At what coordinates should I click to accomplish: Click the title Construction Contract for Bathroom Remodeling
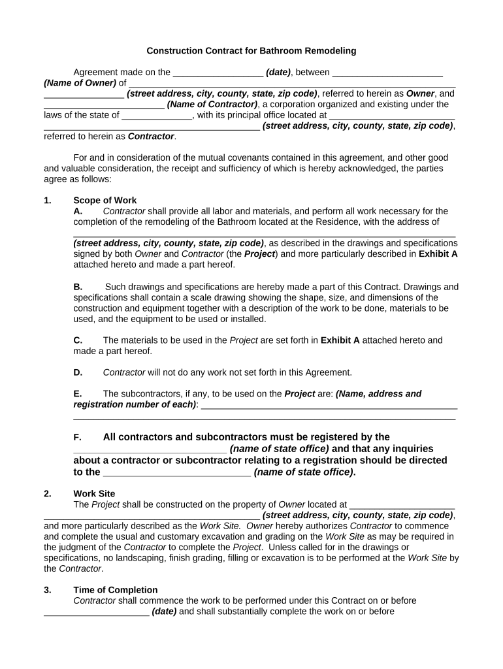251,51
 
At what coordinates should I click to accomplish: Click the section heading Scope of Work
105,201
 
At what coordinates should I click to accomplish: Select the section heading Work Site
94,494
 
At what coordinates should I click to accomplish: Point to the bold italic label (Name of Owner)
80,83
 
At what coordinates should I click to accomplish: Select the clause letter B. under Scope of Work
78,287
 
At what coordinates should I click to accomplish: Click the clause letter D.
78,372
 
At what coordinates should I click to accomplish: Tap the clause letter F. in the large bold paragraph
78,437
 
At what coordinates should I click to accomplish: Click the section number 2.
48,494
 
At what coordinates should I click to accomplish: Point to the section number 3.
48,590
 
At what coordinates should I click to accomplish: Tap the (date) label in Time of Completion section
164,612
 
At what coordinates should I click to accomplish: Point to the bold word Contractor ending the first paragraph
151,136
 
